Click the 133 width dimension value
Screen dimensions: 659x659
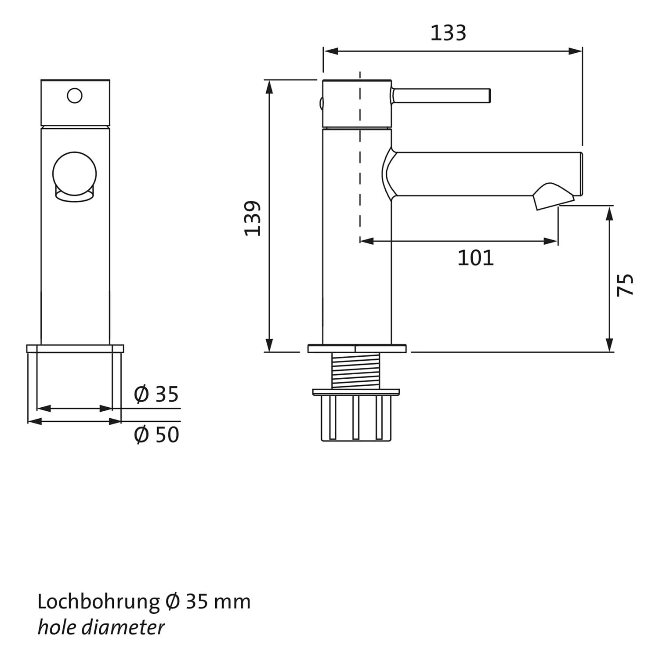point(448,33)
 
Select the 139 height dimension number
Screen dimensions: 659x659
point(253,218)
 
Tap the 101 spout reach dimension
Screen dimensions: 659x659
point(475,258)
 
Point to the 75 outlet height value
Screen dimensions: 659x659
point(625,284)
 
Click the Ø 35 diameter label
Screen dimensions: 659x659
point(156,394)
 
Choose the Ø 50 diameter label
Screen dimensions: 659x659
point(156,435)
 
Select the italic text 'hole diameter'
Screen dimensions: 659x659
point(101,627)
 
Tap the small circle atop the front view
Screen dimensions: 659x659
point(75,96)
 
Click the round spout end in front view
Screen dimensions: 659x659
point(74,174)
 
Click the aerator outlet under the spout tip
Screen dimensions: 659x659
point(552,196)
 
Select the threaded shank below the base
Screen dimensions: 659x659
point(355,372)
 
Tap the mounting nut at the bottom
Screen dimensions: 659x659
point(356,417)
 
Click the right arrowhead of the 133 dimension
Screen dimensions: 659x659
point(576,51)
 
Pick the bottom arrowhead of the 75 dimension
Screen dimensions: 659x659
point(609,345)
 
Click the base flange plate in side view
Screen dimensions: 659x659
point(357,349)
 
